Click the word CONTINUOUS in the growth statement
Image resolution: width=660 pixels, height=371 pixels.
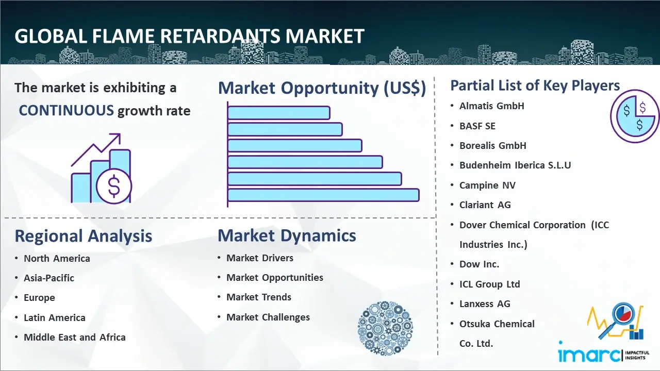[67, 111]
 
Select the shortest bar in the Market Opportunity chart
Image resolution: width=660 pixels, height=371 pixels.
[279, 113]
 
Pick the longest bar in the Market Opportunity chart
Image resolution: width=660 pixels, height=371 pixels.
[323, 195]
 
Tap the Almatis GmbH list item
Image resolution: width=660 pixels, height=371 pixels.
[492, 106]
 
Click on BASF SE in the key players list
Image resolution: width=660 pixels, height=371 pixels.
[477, 126]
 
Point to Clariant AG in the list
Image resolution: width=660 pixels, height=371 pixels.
[485, 205]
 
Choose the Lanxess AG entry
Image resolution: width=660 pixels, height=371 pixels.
[485, 303]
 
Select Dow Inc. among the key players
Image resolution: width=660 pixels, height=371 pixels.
[480, 264]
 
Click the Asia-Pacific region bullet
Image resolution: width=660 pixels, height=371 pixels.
[49, 278]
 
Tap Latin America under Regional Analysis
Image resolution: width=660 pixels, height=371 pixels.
[55, 318]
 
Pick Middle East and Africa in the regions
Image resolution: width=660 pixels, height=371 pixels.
[75, 337]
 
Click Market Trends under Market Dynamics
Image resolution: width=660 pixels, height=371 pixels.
[259, 297]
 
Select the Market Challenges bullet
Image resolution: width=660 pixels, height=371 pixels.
[268, 317]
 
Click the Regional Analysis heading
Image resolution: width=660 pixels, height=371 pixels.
[84, 236]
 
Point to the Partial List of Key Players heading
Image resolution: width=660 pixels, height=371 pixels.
[535, 86]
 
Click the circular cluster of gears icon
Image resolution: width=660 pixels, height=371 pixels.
[385, 328]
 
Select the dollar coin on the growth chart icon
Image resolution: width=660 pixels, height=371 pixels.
[114, 186]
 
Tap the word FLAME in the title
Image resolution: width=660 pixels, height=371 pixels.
[123, 37]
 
